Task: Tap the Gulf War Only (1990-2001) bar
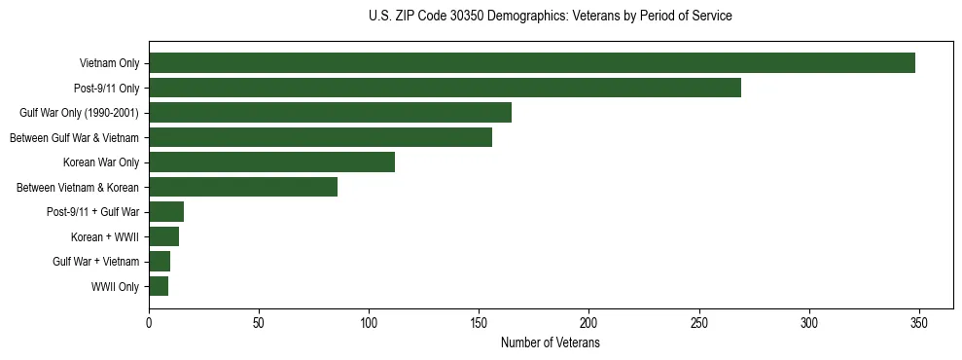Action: click(x=330, y=113)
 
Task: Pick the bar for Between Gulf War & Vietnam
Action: click(x=320, y=137)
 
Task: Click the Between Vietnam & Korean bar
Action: click(x=243, y=187)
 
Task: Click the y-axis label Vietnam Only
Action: click(x=109, y=64)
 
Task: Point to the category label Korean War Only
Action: click(x=101, y=162)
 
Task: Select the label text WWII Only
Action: click(x=115, y=287)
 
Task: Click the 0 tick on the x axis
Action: click(x=149, y=323)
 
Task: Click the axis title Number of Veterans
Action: click(x=550, y=343)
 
